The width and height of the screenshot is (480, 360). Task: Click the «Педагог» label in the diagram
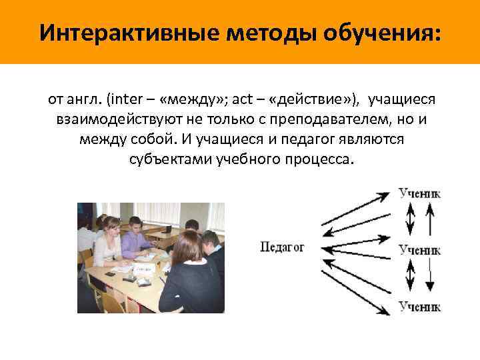(x=282, y=247)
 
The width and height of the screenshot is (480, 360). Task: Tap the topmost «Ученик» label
(x=419, y=194)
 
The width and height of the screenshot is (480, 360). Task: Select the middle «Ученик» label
(x=419, y=250)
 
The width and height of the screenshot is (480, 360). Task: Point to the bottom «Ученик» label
(x=419, y=306)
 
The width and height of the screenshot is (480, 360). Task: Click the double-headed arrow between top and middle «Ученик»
(x=411, y=220)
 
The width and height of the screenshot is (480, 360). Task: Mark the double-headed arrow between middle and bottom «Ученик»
(x=411, y=277)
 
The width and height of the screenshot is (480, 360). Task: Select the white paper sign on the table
(x=145, y=269)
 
